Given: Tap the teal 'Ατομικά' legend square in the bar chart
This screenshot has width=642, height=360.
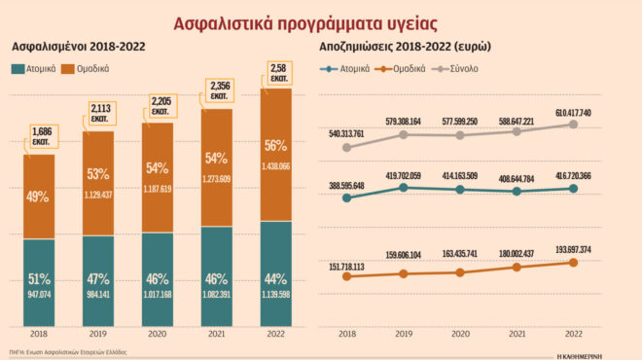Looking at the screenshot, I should (x=19, y=69).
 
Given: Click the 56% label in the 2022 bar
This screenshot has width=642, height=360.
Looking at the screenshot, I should (x=275, y=145).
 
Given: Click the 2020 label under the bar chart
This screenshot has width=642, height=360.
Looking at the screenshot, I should (x=158, y=334).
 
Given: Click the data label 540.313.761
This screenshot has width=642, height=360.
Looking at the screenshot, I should (x=347, y=134).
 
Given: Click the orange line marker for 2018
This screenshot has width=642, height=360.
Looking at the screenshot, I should (x=346, y=277).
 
